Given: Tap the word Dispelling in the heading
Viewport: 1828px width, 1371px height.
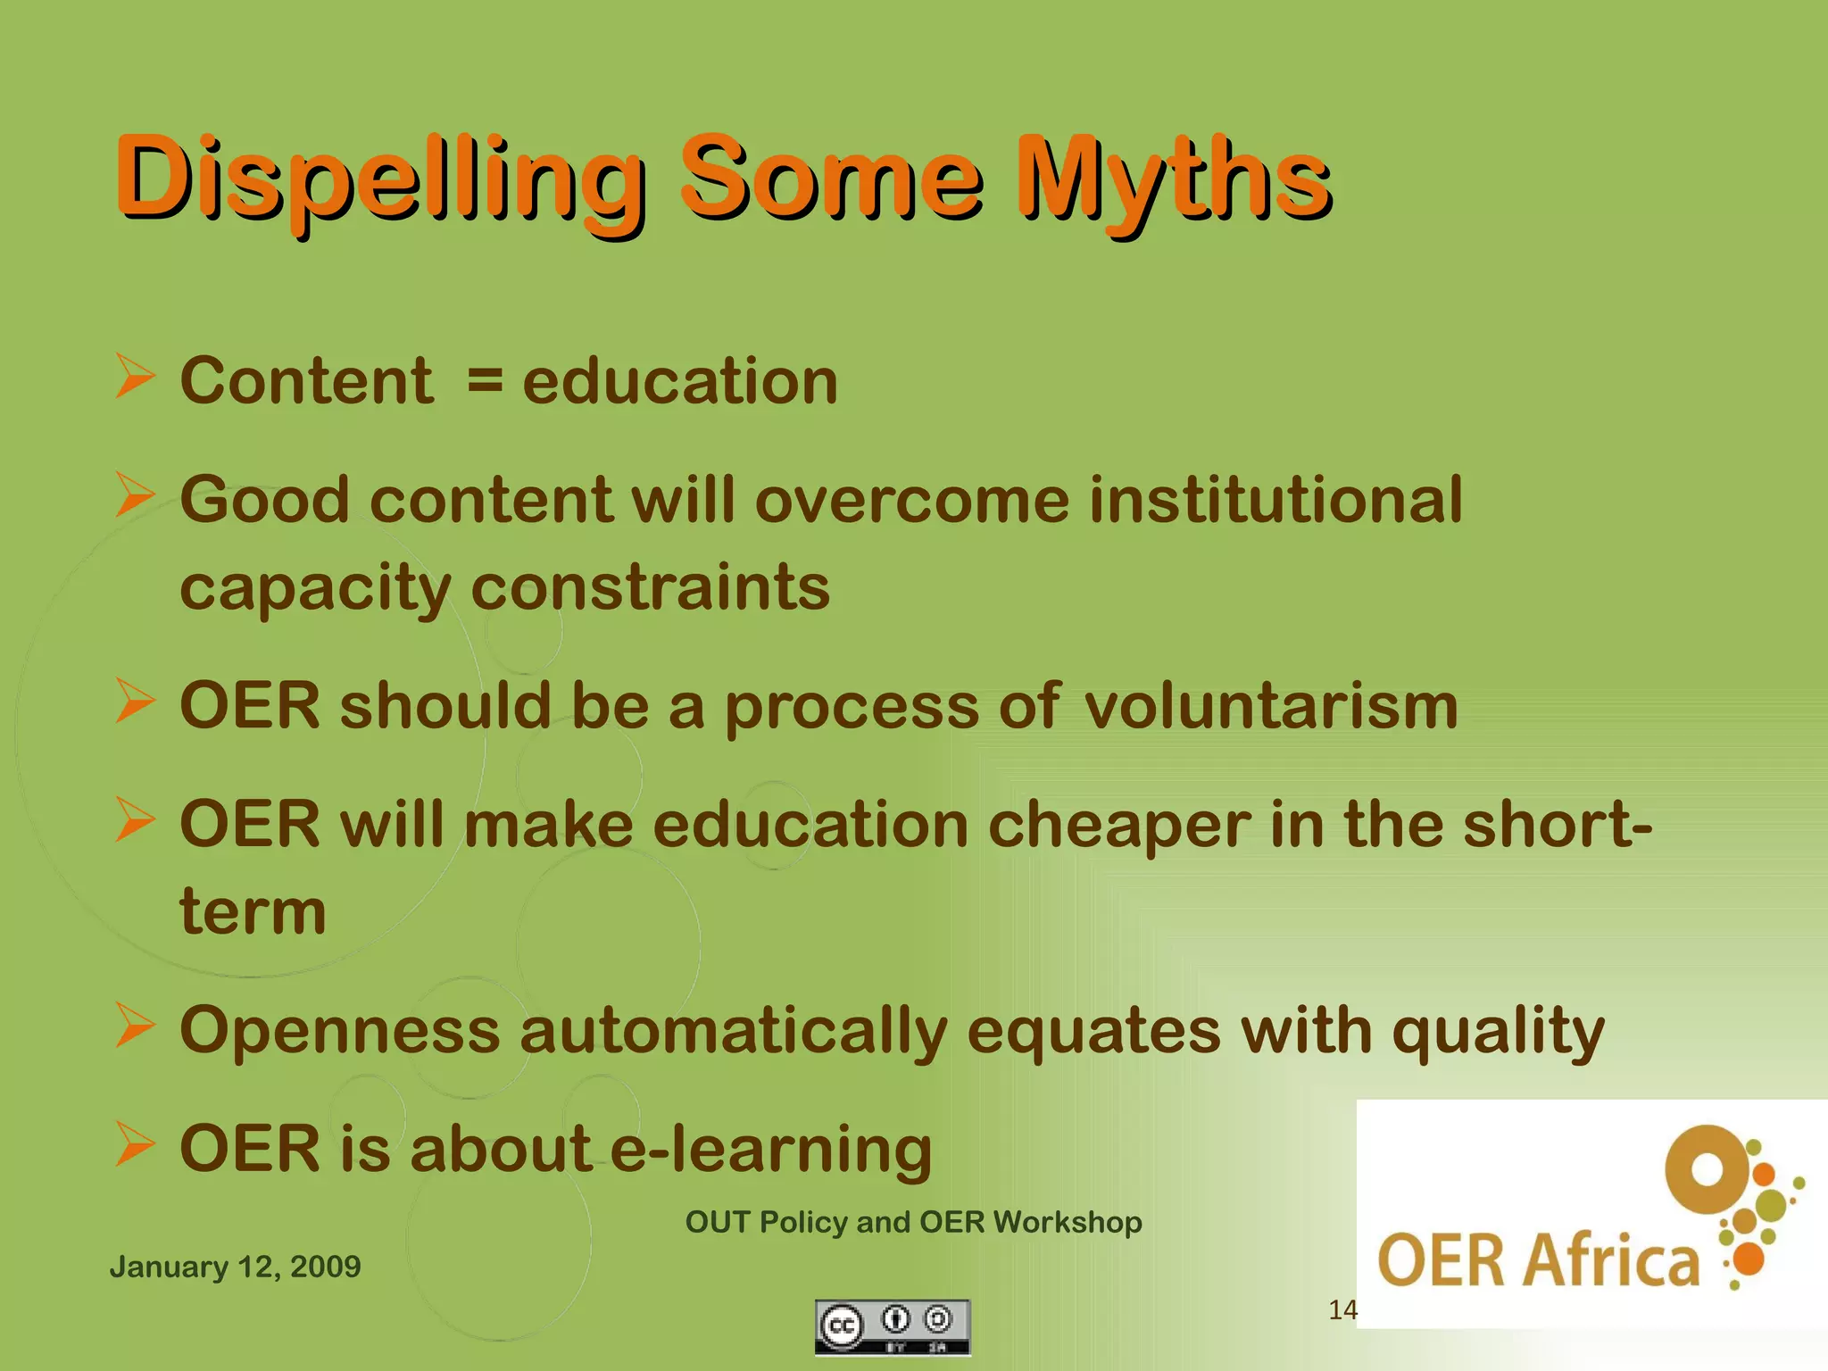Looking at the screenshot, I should (x=379, y=179).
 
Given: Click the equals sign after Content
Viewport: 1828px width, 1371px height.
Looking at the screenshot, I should (x=485, y=380).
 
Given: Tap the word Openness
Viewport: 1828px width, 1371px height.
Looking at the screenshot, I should (x=339, y=1031).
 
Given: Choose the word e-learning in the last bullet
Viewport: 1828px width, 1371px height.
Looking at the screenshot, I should (x=771, y=1149).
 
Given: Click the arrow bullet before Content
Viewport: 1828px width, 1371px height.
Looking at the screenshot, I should (x=136, y=376).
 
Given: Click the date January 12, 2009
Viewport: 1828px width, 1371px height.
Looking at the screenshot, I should (x=235, y=1267).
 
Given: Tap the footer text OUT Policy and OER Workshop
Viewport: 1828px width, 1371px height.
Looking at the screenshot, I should (x=913, y=1222).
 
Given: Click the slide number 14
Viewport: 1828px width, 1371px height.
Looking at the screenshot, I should (x=1342, y=1310).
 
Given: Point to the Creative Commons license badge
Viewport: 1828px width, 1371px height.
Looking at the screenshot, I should (x=892, y=1327).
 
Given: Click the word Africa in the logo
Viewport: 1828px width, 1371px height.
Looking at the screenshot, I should (x=1611, y=1261).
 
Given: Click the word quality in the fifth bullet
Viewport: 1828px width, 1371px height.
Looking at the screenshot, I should (x=1499, y=1031).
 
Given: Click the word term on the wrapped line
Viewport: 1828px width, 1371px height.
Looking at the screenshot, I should (x=253, y=912).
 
